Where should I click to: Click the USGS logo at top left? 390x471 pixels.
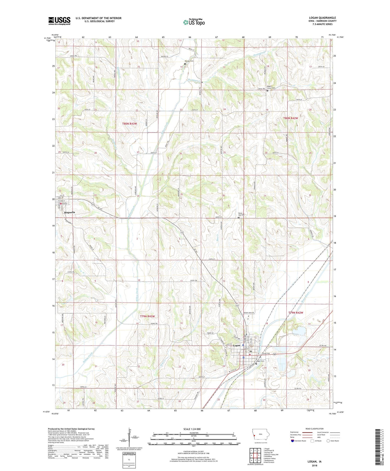59,21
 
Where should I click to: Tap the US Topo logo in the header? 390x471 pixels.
194,22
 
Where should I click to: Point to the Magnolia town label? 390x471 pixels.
69,212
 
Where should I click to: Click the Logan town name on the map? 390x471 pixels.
236,346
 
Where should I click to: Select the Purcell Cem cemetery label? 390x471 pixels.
189,61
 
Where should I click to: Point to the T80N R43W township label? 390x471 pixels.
130,124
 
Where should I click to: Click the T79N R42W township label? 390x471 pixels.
296,313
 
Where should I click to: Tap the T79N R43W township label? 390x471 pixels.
147,316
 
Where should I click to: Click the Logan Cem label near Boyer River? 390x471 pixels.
260,361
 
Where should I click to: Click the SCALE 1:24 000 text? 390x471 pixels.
192,429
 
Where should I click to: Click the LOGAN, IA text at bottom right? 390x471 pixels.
314,462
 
